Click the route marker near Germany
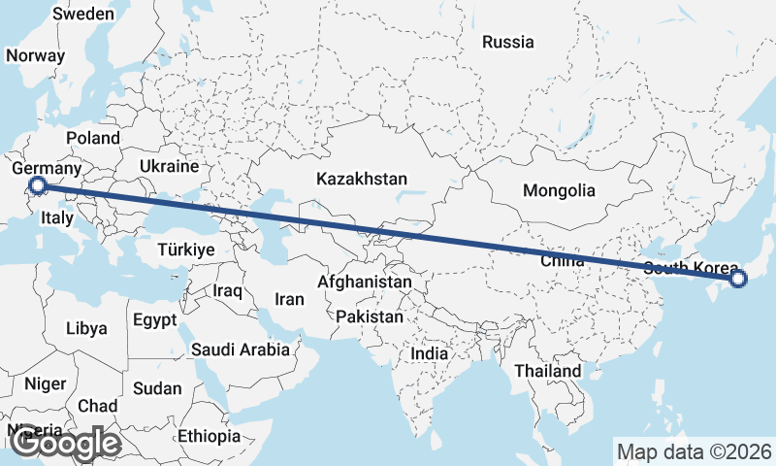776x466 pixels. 37,185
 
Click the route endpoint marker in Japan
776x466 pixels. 738,280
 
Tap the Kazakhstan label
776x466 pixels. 361,179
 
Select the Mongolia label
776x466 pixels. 558,190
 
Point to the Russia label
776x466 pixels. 507,42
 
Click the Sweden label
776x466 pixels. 82,15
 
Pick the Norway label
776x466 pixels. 35,55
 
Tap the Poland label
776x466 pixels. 92,138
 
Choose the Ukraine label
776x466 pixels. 169,166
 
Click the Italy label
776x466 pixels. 57,219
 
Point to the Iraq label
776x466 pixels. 226,290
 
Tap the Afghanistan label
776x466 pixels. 365,282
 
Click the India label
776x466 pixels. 429,353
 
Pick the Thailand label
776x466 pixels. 547,371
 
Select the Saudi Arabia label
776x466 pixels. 240,349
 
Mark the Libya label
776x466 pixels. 86,328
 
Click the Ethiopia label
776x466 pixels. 208,436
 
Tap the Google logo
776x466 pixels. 66,444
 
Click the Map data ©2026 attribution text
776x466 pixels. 694,451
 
